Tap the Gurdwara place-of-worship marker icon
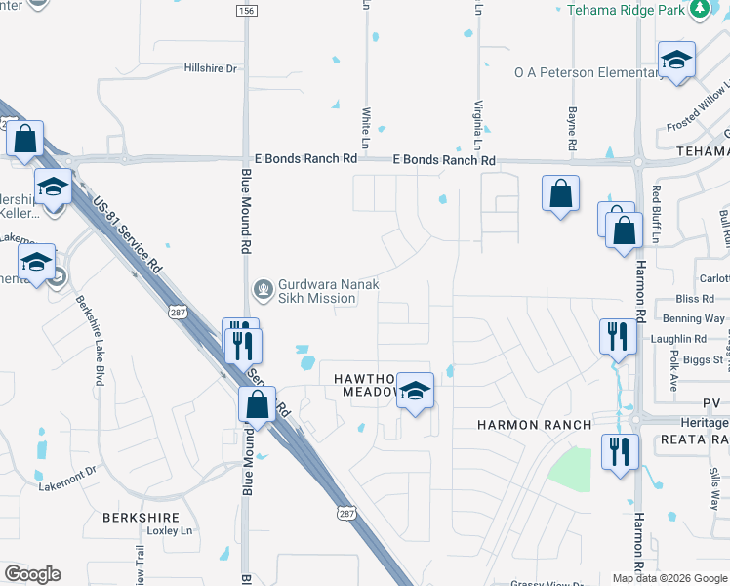(262, 288)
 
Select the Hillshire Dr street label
(211, 68)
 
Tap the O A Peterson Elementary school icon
(675, 61)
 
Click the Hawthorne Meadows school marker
(415, 392)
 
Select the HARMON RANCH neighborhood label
(534, 425)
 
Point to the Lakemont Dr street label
(67, 479)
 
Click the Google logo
(32, 574)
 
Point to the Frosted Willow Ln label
(697, 115)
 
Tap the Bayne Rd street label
(573, 122)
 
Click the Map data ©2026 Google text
(669, 578)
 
